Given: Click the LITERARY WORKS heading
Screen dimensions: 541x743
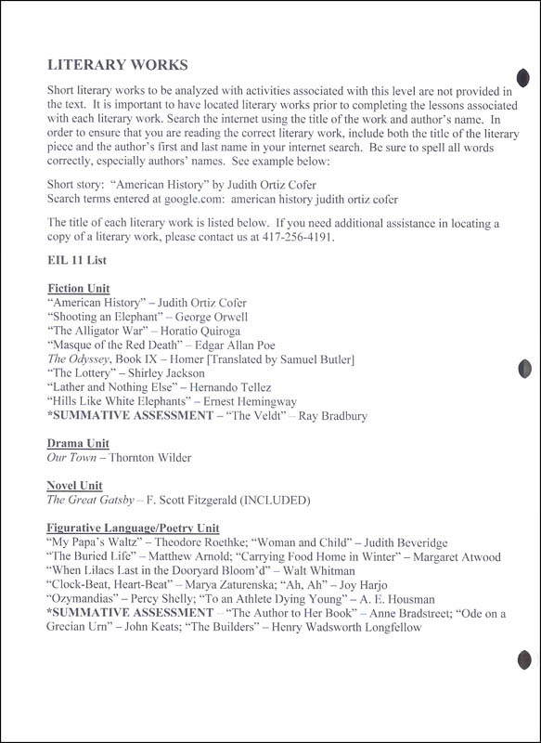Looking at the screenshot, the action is click(x=117, y=65).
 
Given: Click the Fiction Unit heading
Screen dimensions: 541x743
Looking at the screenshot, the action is click(x=78, y=289).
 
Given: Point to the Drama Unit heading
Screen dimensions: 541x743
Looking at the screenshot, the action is click(x=80, y=444).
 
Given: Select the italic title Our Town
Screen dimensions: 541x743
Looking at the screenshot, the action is click(x=71, y=458).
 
